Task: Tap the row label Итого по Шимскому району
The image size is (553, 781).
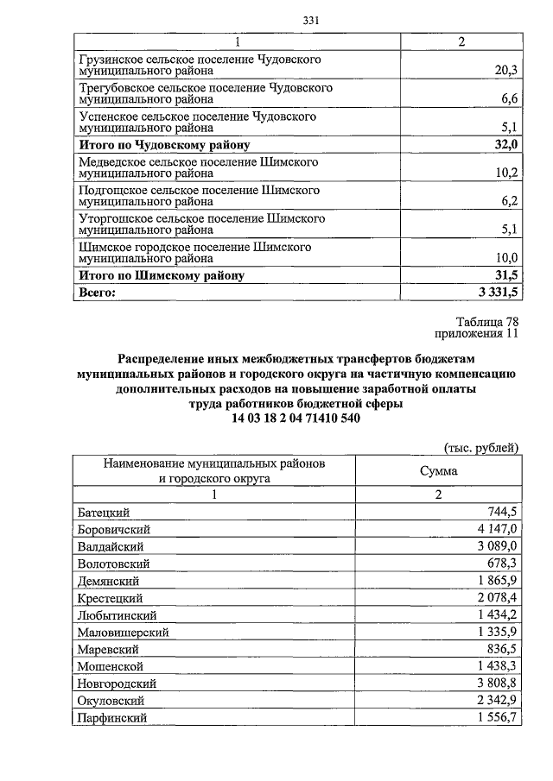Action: [161, 276]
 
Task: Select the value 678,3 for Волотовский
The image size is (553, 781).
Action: [501, 563]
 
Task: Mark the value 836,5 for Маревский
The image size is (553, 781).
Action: [501, 649]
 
